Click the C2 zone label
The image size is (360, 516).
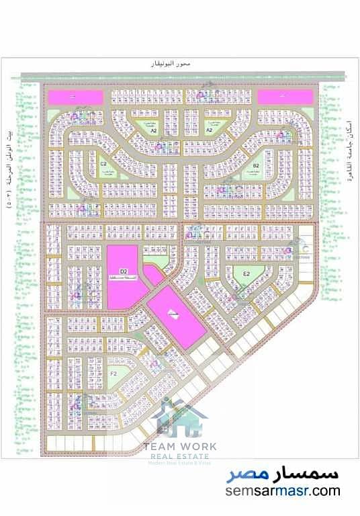coord(104,163)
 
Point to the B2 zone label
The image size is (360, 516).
coord(256,165)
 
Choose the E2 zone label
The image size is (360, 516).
coord(246,273)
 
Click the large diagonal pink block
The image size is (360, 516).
coord(177,314)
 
